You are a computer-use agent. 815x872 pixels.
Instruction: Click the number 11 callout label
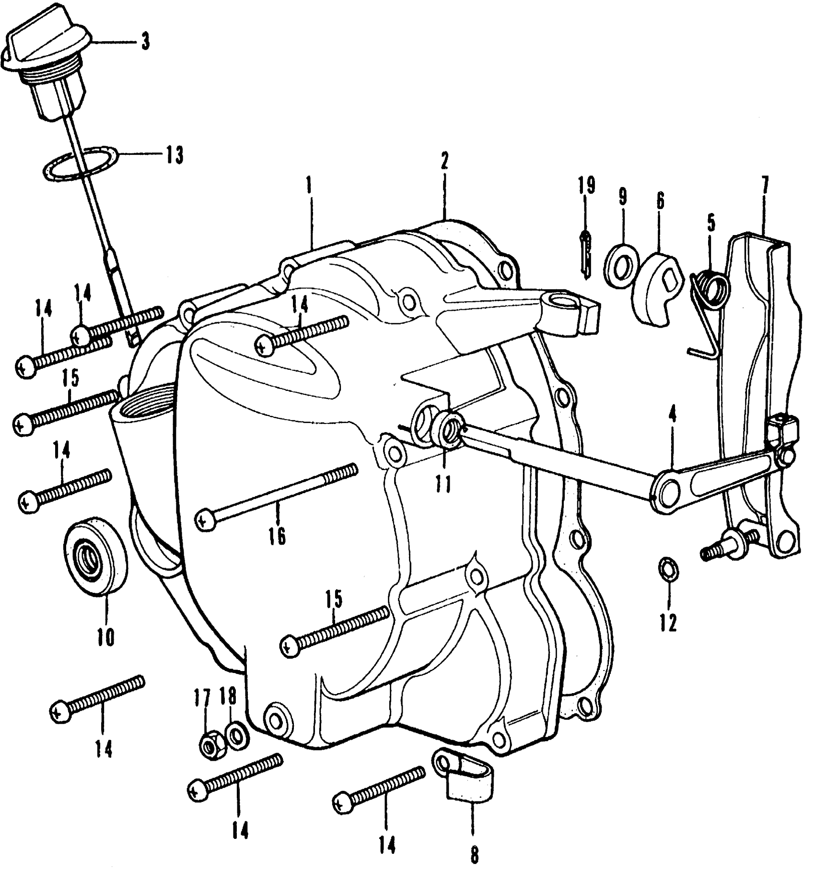coord(443,485)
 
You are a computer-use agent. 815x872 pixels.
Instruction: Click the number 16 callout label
coord(278,536)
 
